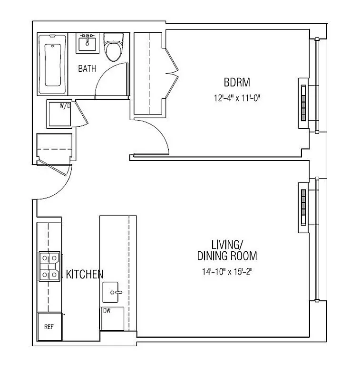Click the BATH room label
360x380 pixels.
coord(87,68)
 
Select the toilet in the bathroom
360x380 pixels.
coord(113,48)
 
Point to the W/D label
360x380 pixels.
coord(65,106)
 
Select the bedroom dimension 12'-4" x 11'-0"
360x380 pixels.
coord(237,99)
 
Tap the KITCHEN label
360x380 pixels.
coord(85,274)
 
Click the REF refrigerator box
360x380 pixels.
coord(49,327)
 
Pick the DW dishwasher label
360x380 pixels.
coord(107,311)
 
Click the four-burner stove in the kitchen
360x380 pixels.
coord(50,266)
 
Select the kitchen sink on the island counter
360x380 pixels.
coord(113,290)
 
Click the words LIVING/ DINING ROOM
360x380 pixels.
coord(227,250)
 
